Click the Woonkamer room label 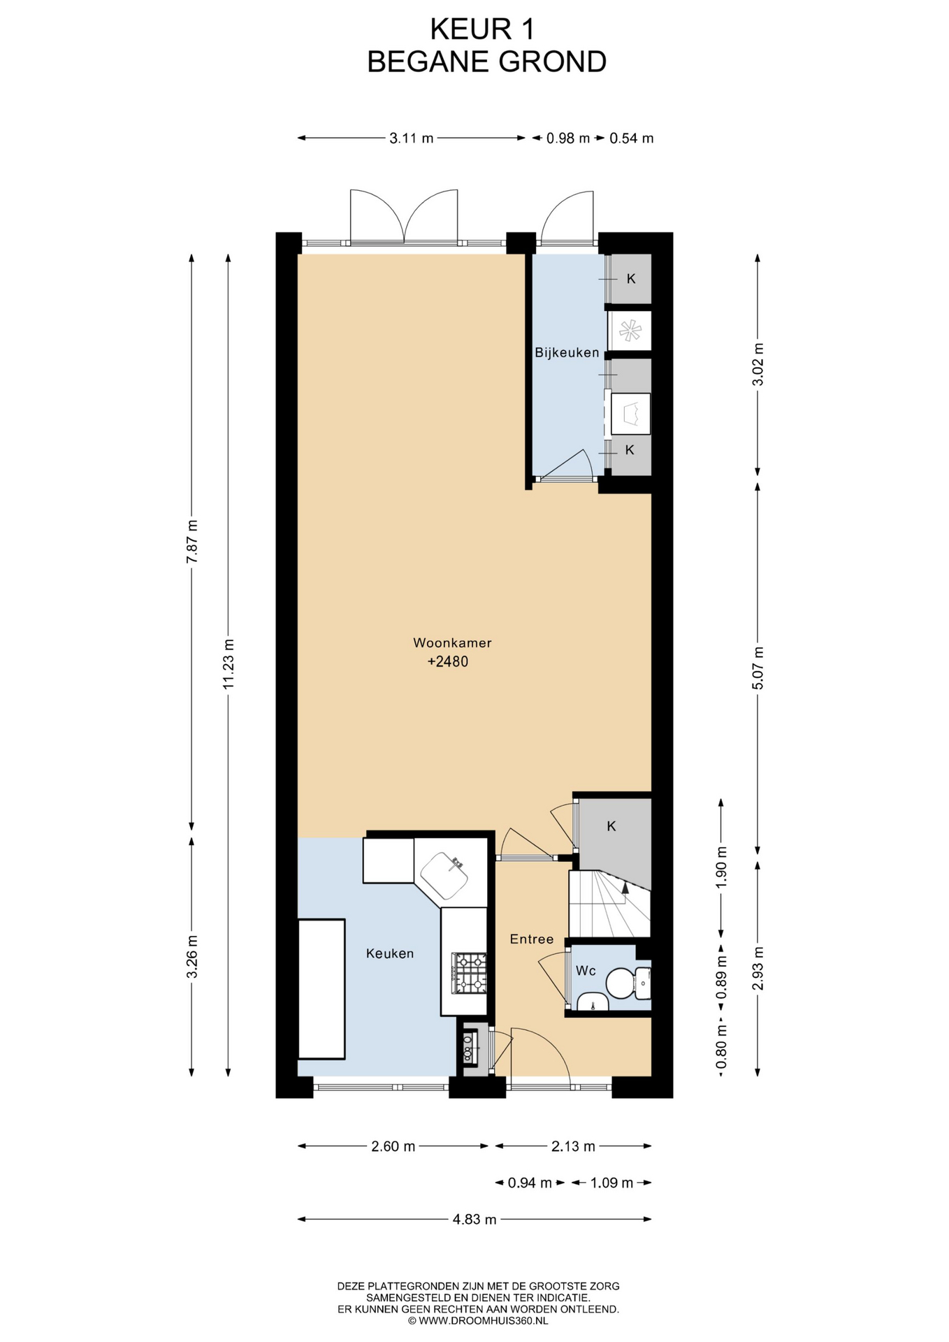pos(452,643)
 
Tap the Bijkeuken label pos(567,353)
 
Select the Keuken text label pos(390,953)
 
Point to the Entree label pos(532,939)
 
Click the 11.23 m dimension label pos(229,664)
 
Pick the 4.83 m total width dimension pos(474,1220)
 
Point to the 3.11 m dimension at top pos(412,138)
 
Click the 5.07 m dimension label pos(758,668)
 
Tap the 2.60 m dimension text pos(393,1146)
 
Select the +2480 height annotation pos(448,662)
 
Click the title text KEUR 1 pos(482,29)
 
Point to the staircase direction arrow pos(625,888)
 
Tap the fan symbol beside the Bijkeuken pos(630,331)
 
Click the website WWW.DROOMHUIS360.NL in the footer pos(478,1321)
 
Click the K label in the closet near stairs pos(611,827)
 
